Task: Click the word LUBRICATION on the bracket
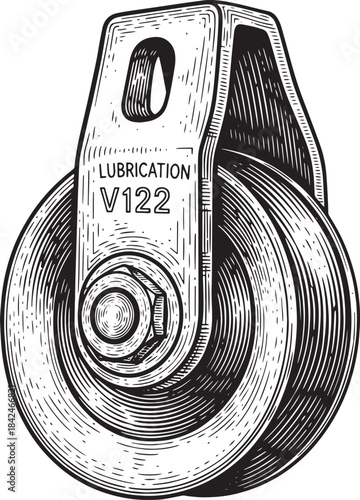144,171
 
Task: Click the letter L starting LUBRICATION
103,172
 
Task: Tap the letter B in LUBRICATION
122,172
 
